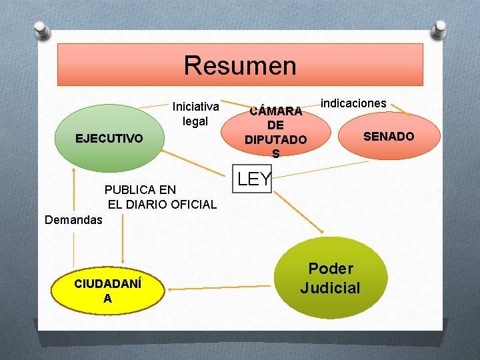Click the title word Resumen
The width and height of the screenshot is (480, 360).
(240, 65)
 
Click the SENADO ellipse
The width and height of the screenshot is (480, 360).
(389, 137)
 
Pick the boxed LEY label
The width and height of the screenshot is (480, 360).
(254, 179)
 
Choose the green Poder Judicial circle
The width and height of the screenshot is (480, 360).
(331, 278)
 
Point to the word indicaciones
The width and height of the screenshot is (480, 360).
(353, 103)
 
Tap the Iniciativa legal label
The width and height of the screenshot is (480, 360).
(195, 113)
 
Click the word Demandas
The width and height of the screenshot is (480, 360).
(73, 219)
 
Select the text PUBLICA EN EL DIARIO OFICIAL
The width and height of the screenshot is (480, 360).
(160, 197)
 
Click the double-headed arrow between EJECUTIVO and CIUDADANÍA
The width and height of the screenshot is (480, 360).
(123, 237)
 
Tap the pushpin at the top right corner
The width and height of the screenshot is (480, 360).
(439, 29)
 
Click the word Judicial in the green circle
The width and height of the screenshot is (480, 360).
(330, 288)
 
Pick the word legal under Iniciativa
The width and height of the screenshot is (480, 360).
(195, 121)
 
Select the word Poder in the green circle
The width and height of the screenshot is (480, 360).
(331, 269)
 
